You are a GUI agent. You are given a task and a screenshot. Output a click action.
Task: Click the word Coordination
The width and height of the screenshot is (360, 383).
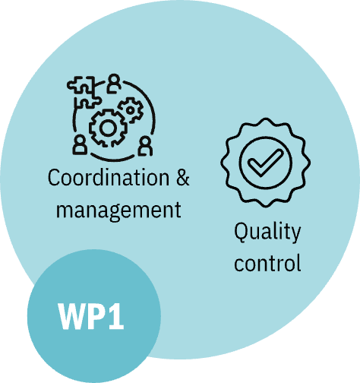pos(109,178)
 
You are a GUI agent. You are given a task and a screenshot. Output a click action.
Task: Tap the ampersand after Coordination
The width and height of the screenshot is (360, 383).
pos(183,178)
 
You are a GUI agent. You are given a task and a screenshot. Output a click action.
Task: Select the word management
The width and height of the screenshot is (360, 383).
pos(118,210)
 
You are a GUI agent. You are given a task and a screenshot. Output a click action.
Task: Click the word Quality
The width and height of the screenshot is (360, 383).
pos(267,232)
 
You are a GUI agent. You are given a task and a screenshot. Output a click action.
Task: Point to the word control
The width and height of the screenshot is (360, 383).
pos(267,262)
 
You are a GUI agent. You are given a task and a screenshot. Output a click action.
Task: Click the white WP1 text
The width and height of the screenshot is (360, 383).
pos(91,316)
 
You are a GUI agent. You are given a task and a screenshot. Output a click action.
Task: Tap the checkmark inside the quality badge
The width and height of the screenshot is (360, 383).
pos(265,163)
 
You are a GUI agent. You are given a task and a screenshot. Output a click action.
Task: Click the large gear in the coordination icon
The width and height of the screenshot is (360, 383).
pos(108,128)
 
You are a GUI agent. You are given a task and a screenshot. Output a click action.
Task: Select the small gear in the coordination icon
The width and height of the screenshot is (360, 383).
pos(131,110)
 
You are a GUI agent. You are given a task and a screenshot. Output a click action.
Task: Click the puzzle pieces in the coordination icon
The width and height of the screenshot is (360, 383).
pos(84,92)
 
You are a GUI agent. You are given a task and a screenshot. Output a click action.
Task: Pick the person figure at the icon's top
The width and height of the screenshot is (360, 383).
pos(114,83)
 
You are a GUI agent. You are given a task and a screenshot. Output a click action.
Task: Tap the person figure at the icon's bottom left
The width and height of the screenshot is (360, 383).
pos(80,145)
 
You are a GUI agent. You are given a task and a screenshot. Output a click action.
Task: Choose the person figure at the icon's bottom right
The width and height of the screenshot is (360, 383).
pos(145,146)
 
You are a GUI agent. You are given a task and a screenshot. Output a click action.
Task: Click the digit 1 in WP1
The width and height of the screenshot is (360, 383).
pos(116,316)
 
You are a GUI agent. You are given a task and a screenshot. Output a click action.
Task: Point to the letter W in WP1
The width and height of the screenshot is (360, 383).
pos(72,316)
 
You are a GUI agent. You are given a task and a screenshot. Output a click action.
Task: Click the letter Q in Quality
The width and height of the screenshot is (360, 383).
pos(242,232)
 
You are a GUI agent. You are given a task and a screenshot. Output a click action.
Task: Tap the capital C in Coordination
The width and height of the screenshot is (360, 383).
pos(54,178)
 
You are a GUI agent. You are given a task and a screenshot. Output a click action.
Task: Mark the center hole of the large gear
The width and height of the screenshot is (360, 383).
pos(108,128)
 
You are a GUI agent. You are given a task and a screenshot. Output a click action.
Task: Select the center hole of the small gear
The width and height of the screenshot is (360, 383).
pos(131,110)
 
